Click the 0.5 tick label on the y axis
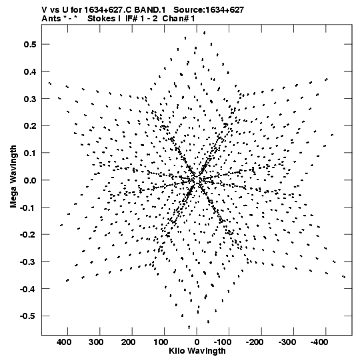click(x=30, y=44)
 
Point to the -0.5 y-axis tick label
click(x=28, y=316)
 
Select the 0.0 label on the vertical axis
click(x=30, y=180)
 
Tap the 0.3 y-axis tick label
click(x=30, y=99)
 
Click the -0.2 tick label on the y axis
click(x=28, y=235)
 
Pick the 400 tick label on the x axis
click(x=64, y=342)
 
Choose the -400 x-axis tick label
click(x=319, y=342)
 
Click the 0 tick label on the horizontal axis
click(x=197, y=342)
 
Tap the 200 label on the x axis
click(x=129, y=342)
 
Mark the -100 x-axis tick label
click(x=222, y=342)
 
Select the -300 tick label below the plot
click(x=287, y=342)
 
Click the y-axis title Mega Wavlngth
click(x=13, y=177)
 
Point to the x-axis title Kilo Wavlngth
click(x=197, y=351)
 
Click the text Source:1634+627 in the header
click(x=209, y=10)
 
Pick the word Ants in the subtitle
click(x=51, y=19)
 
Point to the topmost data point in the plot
click(x=204, y=33)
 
